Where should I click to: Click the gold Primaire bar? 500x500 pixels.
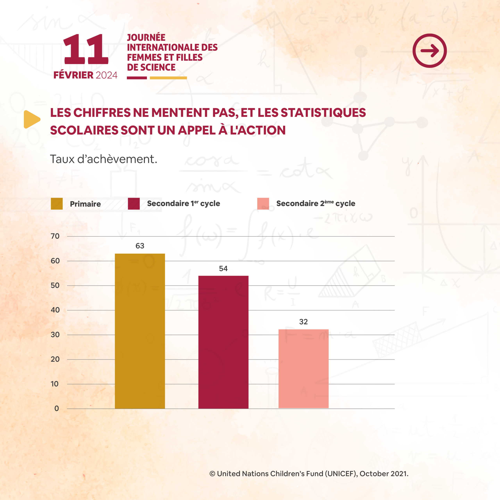[x=140, y=331]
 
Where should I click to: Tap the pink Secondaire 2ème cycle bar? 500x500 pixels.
[x=303, y=369]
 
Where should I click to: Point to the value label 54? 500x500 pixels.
[x=223, y=269]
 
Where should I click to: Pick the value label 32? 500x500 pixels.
[x=303, y=322]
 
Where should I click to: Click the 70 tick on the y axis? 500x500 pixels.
[x=55, y=236]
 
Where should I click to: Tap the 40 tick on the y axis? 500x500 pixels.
[x=55, y=310]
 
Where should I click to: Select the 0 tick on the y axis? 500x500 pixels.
[x=56, y=408]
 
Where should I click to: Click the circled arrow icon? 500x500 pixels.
[x=430, y=51]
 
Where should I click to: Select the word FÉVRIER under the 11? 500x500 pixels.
[x=73, y=75]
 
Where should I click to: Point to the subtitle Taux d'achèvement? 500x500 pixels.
[x=104, y=159]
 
